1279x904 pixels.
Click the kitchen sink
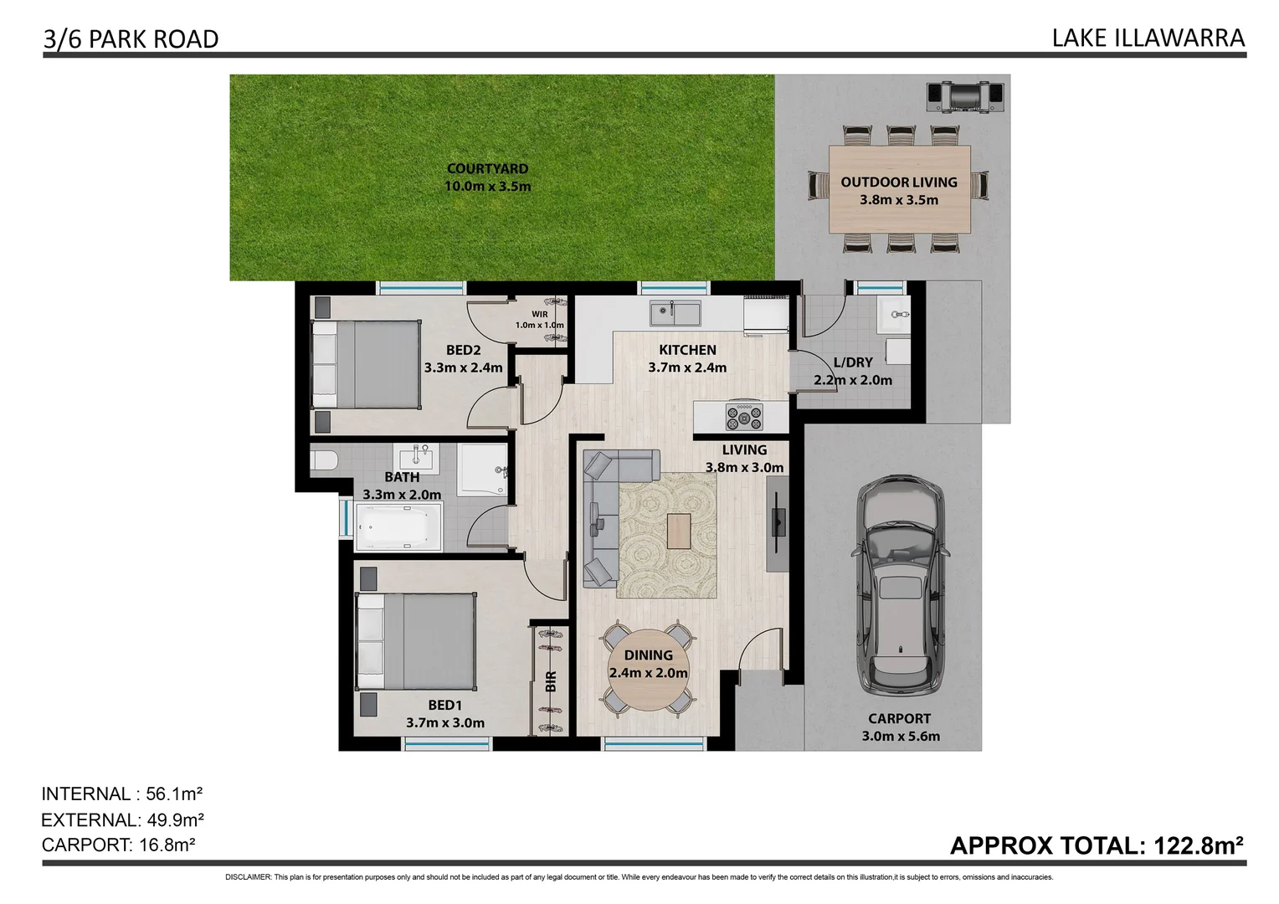tap(676, 314)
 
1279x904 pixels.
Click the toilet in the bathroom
tap(323, 460)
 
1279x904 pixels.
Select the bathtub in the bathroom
tap(398, 528)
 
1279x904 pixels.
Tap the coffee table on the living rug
tap(679, 531)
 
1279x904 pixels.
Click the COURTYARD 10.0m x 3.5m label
tap(487, 177)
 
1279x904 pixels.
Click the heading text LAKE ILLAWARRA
tap(1148, 38)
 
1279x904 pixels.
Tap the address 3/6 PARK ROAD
tap(131, 39)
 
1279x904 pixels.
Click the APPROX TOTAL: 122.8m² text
tap(1097, 845)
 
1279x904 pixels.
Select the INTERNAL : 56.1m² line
tap(123, 794)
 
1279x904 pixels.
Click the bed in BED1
tap(416, 641)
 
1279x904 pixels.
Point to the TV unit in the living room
tap(778, 523)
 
